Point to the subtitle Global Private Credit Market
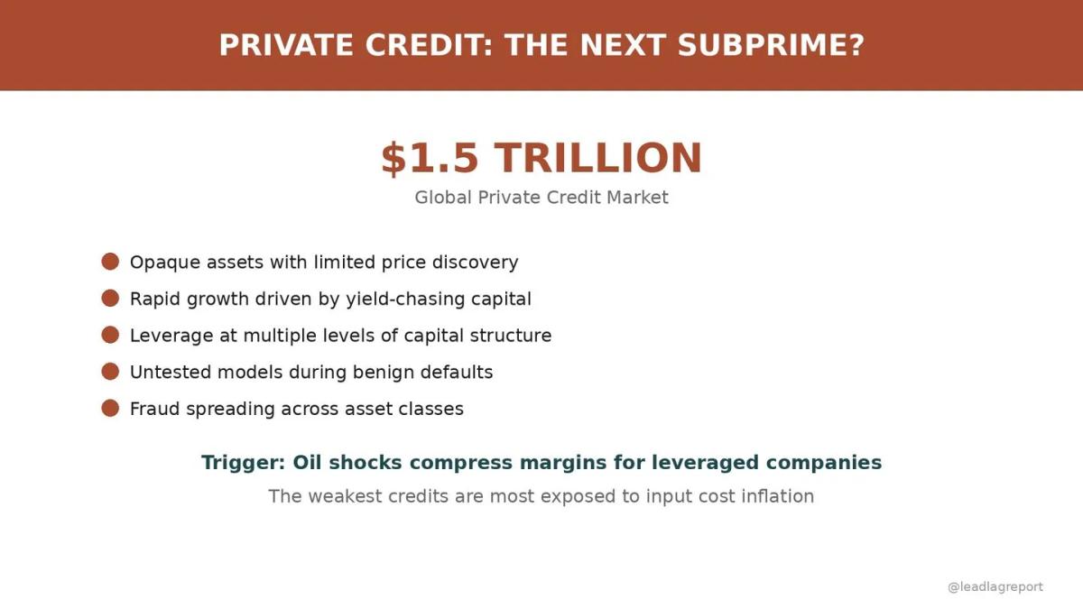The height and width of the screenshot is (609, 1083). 541,197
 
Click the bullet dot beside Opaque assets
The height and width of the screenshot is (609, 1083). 110,262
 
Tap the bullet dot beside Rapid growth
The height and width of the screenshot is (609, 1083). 110,299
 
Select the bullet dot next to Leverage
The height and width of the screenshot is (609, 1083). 110,335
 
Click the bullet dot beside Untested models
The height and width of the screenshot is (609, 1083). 110,372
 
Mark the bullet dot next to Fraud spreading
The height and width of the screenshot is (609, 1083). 110,408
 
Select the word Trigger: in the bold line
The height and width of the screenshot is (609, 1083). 243,463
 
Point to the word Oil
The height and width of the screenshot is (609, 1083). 308,463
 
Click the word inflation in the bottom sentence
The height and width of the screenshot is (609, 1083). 776,496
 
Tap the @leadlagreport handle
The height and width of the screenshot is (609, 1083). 995,586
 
